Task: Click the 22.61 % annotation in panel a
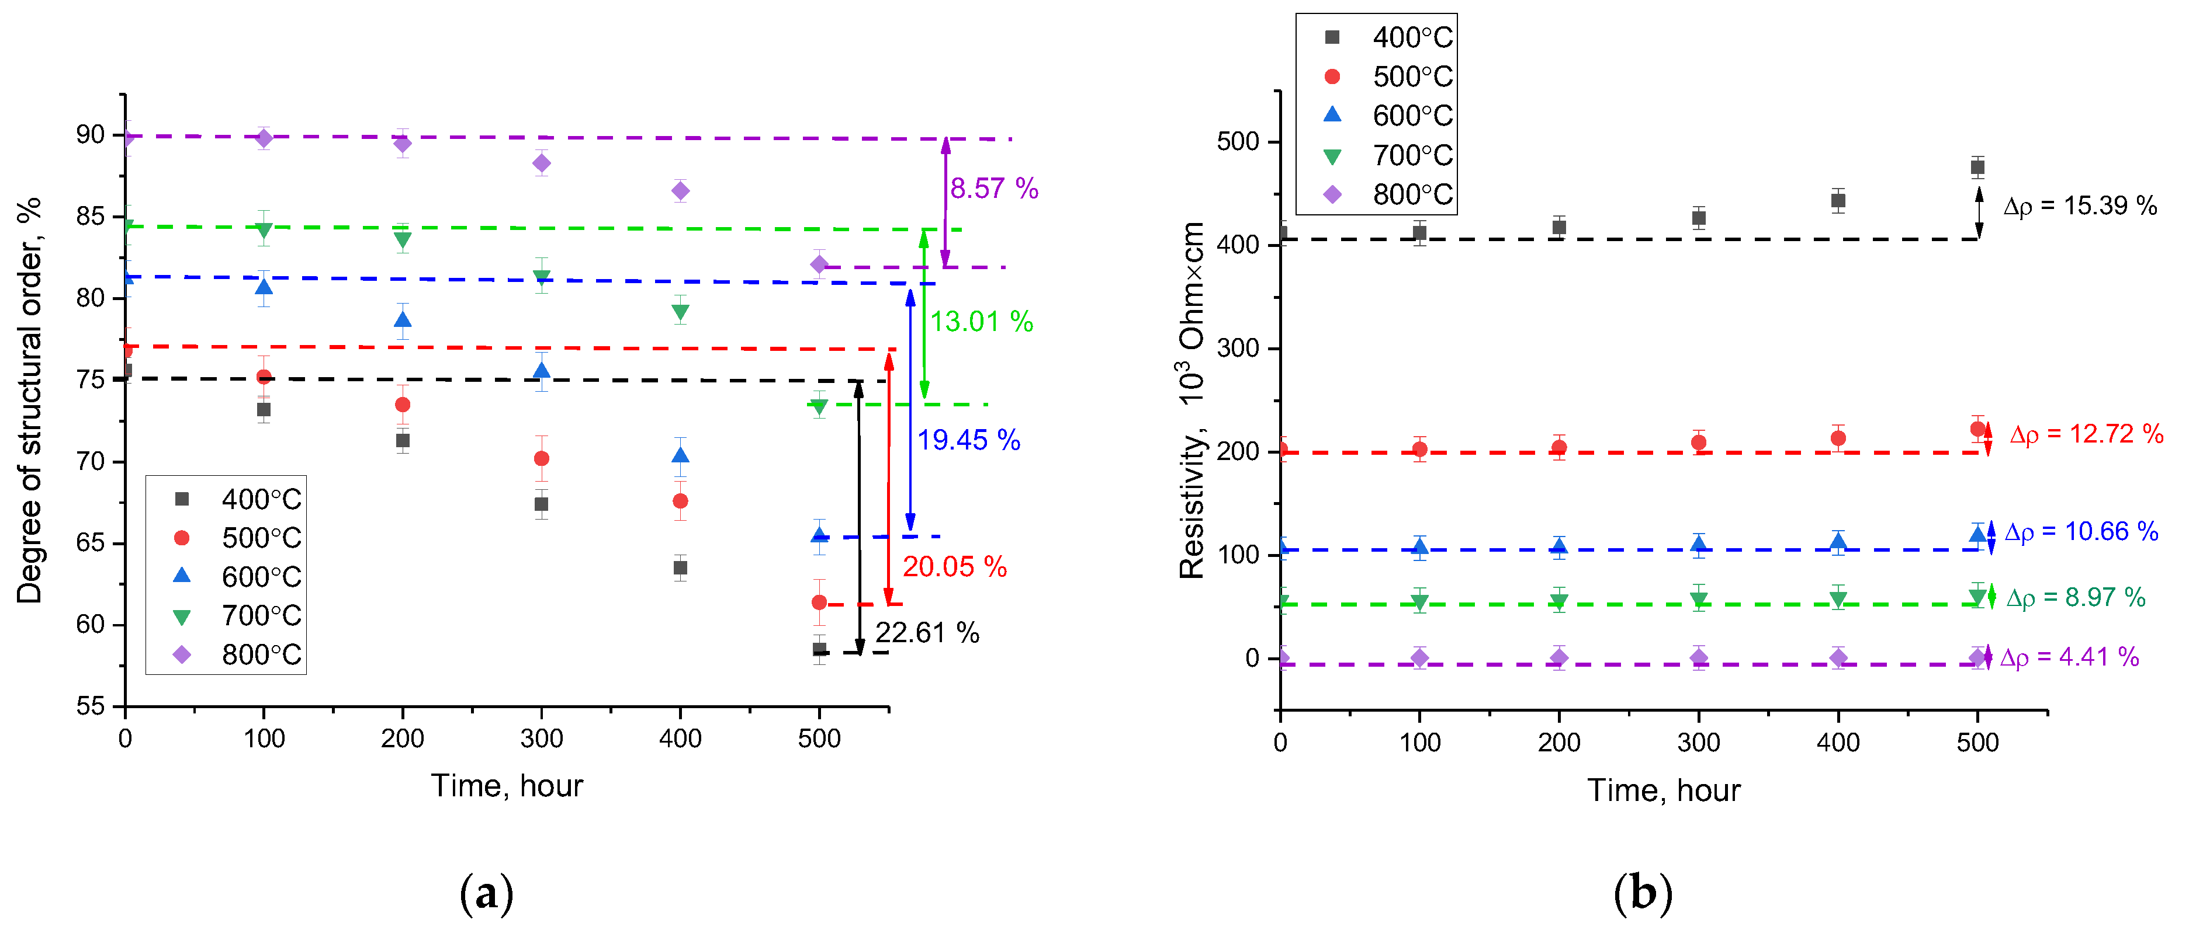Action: point(927,633)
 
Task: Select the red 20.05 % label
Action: point(954,566)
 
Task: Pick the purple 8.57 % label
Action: point(993,189)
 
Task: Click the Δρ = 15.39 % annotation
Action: point(2079,205)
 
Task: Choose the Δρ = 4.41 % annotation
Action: point(2069,657)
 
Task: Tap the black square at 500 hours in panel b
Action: point(1977,168)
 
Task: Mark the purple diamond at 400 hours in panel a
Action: point(680,191)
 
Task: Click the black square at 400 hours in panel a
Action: point(680,567)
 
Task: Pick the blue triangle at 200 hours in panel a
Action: point(403,320)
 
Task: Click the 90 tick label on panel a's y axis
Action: point(90,135)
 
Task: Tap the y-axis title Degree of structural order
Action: point(30,400)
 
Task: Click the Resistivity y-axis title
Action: point(1192,400)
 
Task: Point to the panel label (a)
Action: point(486,893)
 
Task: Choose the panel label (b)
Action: point(1642,893)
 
